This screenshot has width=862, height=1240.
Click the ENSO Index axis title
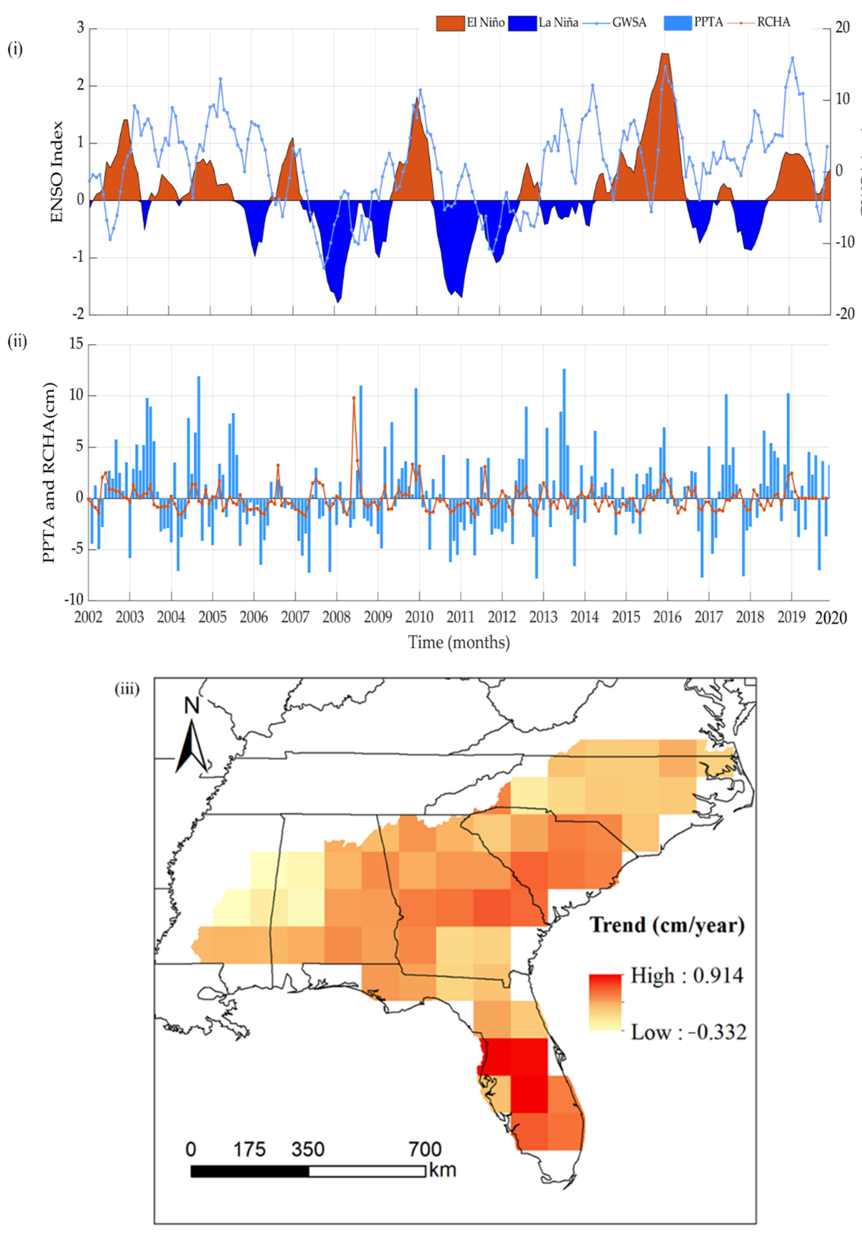pyautogui.click(x=57, y=172)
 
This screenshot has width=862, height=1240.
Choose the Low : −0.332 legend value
pyautogui.click(x=689, y=1033)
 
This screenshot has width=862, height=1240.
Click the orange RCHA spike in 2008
pyautogui.click(x=354, y=398)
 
